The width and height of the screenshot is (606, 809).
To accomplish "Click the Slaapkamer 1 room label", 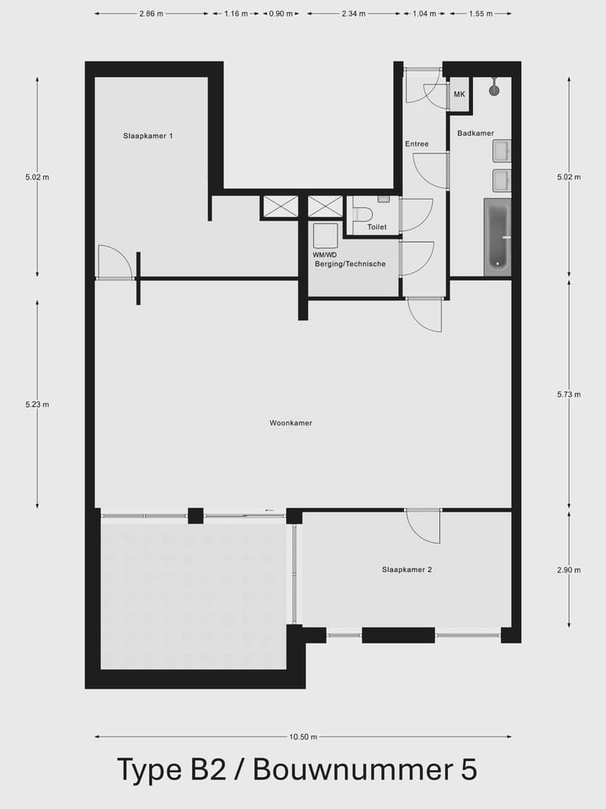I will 148,136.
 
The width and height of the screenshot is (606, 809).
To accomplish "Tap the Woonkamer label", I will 291,423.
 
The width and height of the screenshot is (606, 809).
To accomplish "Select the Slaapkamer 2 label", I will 407,570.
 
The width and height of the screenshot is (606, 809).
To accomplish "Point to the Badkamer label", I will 476,133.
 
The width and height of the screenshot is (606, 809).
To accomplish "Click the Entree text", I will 417,144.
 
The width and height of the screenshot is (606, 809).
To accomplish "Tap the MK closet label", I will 460,94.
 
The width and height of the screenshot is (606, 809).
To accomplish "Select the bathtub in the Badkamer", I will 497,237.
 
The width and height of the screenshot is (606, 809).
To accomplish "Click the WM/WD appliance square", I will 325,235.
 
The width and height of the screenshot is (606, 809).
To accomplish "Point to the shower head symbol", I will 495,88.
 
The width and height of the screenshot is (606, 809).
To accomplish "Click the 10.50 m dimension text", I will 303,737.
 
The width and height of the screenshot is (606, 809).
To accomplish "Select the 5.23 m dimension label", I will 37,404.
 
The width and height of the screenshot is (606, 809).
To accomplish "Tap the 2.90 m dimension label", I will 569,570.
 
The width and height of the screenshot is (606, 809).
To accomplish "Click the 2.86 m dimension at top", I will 151,14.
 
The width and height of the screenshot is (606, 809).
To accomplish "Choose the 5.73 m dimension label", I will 569,394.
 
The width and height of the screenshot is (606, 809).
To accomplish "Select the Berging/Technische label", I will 350,264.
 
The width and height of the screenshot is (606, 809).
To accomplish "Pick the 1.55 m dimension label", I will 481,14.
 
